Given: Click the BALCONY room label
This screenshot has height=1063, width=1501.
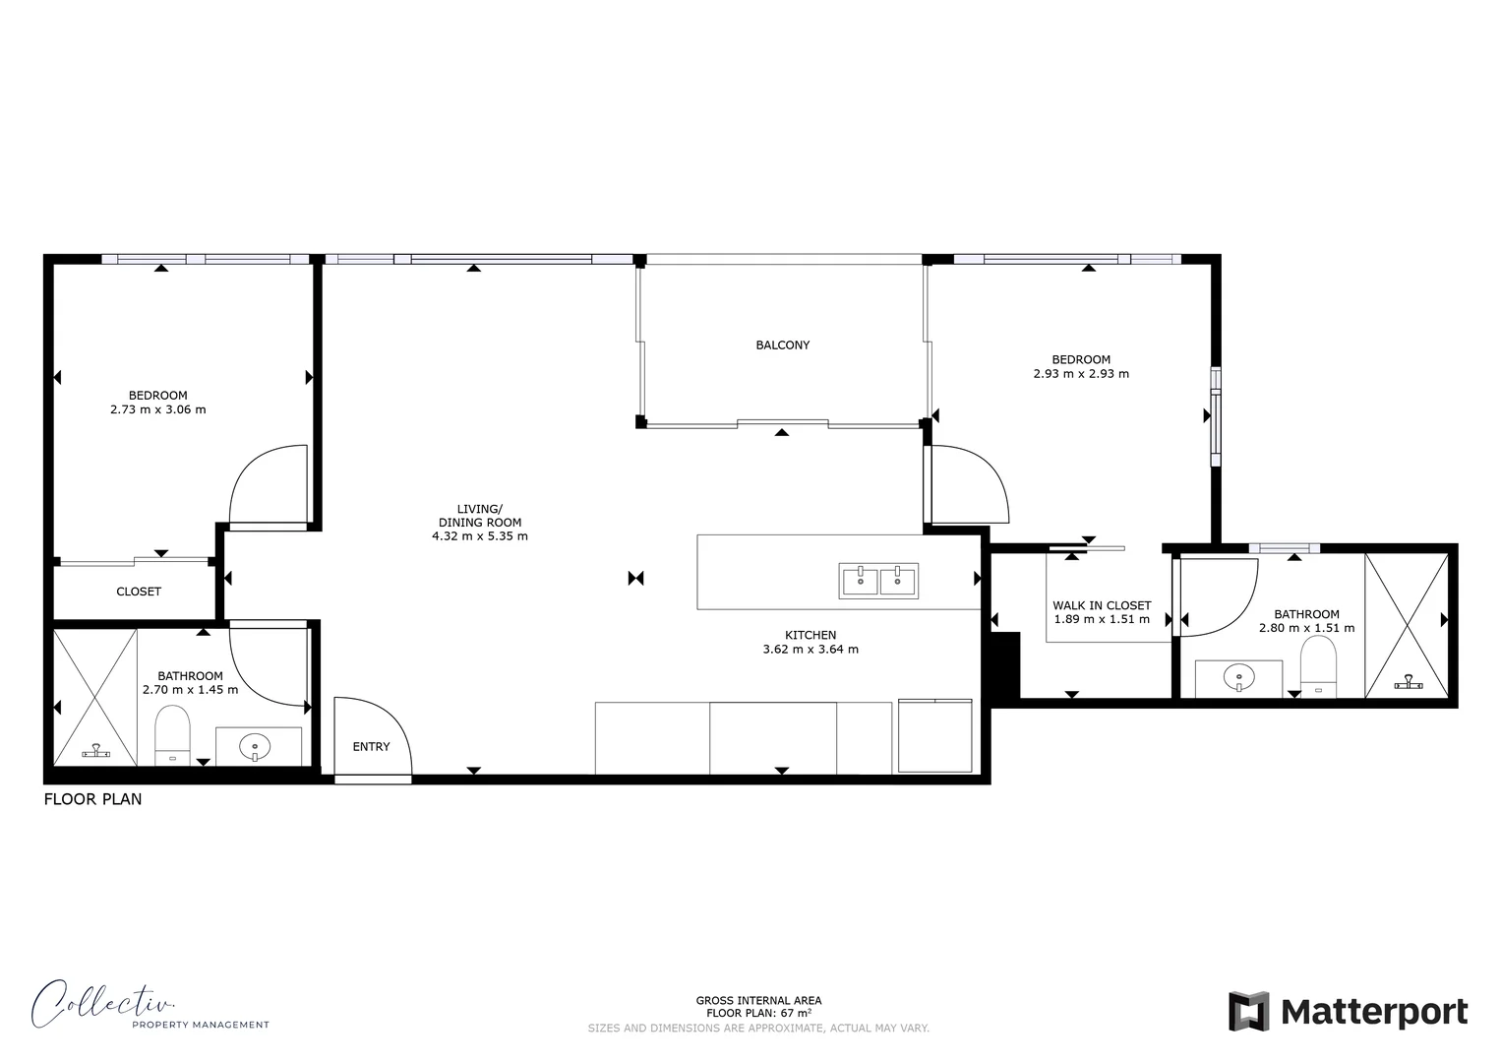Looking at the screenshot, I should [782, 345].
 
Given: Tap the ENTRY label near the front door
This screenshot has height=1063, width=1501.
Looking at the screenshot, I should [371, 747].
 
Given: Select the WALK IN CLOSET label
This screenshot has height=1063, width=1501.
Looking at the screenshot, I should [1101, 606].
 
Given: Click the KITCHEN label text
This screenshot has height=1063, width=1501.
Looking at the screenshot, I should [811, 636].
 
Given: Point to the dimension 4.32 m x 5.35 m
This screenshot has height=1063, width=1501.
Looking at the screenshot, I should [479, 536].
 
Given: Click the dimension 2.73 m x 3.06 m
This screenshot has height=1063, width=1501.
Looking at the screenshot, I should [158, 409].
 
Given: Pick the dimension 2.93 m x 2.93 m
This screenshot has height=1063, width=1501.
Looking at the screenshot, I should [1080, 374].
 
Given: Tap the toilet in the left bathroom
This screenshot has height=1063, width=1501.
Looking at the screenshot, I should [172, 734].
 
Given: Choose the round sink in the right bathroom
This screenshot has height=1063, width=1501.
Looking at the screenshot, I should [1238, 677].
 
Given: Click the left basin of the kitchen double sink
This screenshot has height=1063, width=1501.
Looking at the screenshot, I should [860, 580].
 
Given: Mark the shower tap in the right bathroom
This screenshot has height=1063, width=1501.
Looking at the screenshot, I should [1409, 681].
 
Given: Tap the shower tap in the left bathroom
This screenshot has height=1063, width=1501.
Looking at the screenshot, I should [95, 751].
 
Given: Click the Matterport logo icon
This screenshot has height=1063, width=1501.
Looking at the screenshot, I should [1248, 1011].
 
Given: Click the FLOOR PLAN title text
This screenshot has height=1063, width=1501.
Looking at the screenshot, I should [92, 799].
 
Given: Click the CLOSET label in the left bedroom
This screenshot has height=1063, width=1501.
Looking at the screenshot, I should [139, 592].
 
